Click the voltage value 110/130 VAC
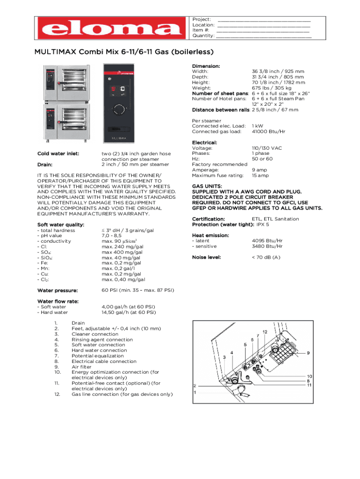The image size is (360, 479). (x=267, y=148)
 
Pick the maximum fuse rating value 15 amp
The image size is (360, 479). (x=260, y=175)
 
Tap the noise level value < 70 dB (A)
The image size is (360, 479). (x=266, y=257)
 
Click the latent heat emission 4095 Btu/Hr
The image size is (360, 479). (x=267, y=240)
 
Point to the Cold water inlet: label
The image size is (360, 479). (x=58, y=153)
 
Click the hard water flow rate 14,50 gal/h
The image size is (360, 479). (x=129, y=312)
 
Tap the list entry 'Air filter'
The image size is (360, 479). (x=82, y=367)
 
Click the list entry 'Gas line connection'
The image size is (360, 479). (x=122, y=394)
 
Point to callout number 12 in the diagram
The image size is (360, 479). (x=265, y=332)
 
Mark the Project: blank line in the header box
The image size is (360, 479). (x=264, y=20)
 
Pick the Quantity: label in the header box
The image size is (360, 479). (x=203, y=36)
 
